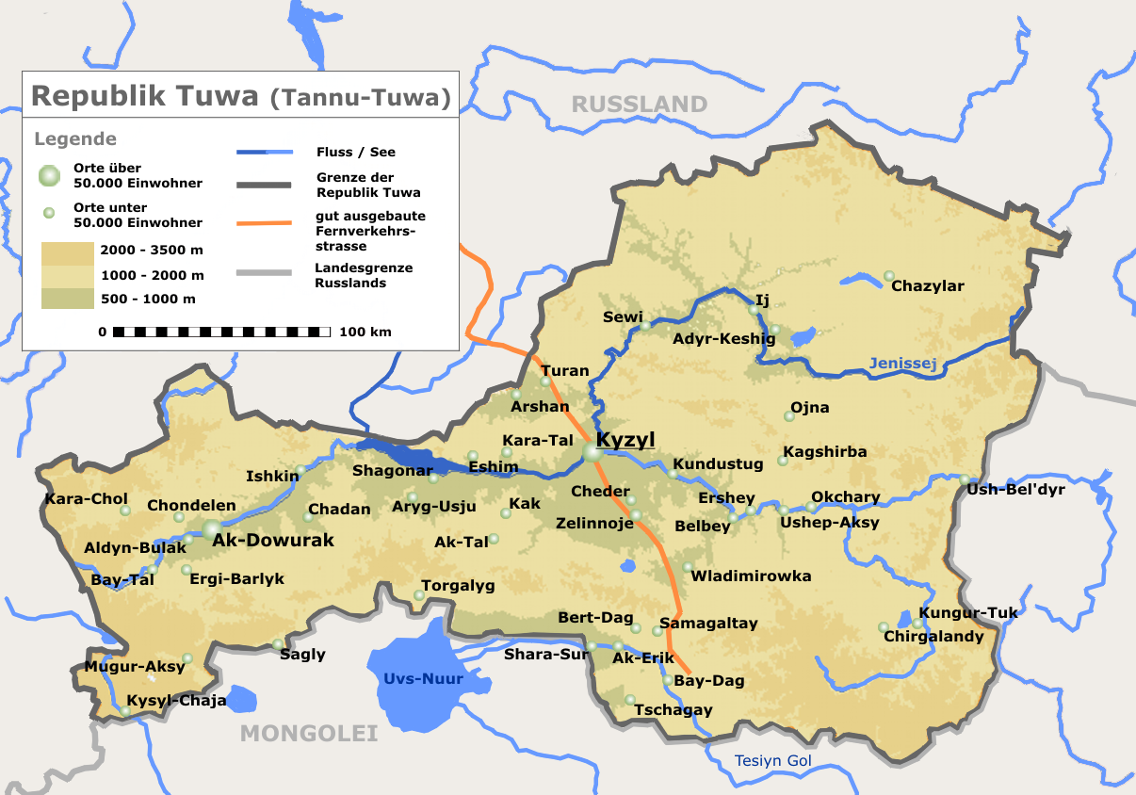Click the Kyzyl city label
(x=625, y=440)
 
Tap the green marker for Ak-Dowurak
(x=213, y=530)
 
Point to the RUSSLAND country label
(x=640, y=104)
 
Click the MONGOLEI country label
(x=309, y=733)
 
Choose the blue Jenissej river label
(x=903, y=364)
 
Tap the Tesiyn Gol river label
(x=772, y=761)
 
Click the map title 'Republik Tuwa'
(x=145, y=96)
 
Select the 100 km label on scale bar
(x=365, y=332)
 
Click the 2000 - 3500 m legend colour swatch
(x=67, y=252)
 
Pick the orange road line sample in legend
(x=265, y=224)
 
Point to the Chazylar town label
(x=927, y=286)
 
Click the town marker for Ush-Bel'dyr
(x=965, y=479)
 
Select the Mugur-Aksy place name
(x=135, y=667)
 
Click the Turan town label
(x=564, y=371)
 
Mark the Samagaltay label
(x=708, y=624)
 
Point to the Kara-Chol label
(x=86, y=499)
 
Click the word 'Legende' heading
(x=75, y=139)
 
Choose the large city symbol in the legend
(x=49, y=175)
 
